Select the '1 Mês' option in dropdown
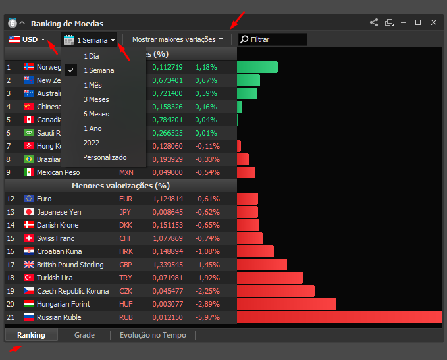pos(93,85)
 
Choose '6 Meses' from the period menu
pos(96,114)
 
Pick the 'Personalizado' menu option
pos(105,157)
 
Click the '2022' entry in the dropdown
pos(92,143)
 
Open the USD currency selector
pos(27,39)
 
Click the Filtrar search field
pos(273,39)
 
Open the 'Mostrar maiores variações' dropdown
pos(177,39)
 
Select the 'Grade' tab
pos(84,335)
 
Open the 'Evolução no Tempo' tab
pos(153,335)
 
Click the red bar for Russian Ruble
pos(340,317)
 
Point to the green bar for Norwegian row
pos(257,67)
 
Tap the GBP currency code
pos(126,265)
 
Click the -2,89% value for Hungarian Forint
pos(207,304)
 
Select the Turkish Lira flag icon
pos(29,277)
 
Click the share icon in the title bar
pos(374,22)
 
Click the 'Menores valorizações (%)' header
pos(121,186)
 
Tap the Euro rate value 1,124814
pos(168,199)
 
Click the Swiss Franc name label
pos(55,238)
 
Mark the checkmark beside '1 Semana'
pos(71,70)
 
